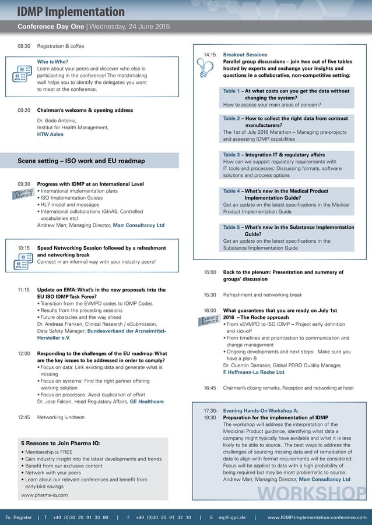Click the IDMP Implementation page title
click(71, 12)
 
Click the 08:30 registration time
click(23, 46)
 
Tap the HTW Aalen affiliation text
click(50, 134)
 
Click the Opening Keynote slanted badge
click(24, 194)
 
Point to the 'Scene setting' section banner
click(81, 161)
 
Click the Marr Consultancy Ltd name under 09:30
click(139, 225)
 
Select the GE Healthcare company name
click(146, 402)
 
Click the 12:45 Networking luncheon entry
click(61, 417)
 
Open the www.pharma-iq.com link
click(44, 495)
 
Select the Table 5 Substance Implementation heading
click(288, 230)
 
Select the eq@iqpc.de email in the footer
click(232, 517)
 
